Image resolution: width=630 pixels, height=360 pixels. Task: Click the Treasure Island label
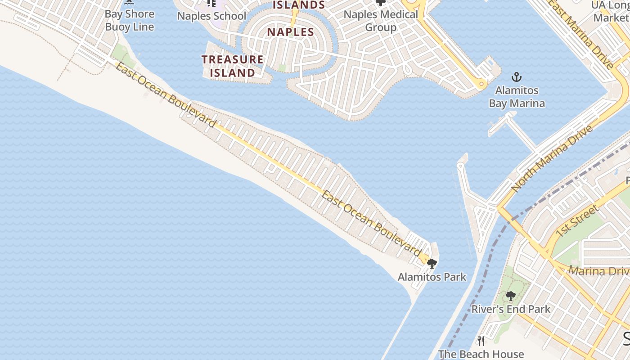pyautogui.click(x=232, y=66)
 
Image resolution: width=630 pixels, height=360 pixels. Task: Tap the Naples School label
pyautogui.click(x=211, y=16)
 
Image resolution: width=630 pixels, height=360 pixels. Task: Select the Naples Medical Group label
pyautogui.click(x=381, y=21)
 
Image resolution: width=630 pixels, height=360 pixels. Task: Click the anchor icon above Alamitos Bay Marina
pyautogui.click(x=517, y=77)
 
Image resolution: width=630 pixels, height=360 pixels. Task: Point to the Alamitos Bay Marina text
pyautogui.click(x=517, y=97)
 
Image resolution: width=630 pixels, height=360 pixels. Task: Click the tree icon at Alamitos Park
pyautogui.click(x=432, y=264)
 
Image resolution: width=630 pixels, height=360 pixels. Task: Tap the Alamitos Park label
pyautogui.click(x=432, y=277)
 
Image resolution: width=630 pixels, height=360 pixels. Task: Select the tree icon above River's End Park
pyautogui.click(x=510, y=296)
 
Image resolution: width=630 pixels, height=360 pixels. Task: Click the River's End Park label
pyautogui.click(x=511, y=309)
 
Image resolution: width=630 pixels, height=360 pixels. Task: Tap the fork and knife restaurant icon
pyautogui.click(x=481, y=341)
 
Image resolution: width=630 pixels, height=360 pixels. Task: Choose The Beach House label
pyautogui.click(x=481, y=354)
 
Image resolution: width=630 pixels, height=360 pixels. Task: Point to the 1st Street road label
pyautogui.click(x=577, y=220)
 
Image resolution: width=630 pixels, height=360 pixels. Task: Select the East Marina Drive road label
pyautogui.click(x=580, y=34)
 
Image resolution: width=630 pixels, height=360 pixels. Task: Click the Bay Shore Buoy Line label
pyautogui.click(x=130, y=20)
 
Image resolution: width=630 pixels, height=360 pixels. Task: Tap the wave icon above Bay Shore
pyautogui.click(x=130, y=3)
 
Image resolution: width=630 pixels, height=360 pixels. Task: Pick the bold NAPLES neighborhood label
pyautogui.click(x=290, y=32)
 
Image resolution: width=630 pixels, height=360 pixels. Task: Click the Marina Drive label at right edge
pyautogui.click(x=598, y=271)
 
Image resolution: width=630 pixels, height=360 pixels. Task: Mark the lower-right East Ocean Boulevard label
pyautogui.click(x=371, y=221)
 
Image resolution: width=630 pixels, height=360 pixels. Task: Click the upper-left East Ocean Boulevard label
pyautogui.click(x=165, y=95)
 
